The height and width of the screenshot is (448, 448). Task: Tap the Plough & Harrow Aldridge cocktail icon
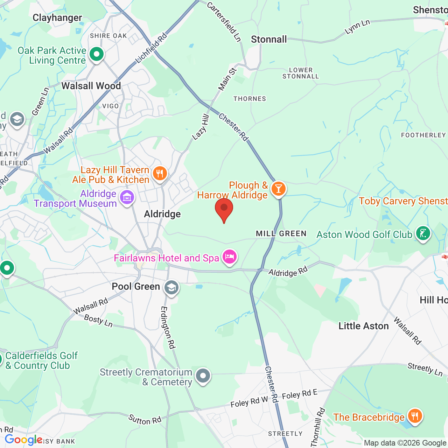[279, 189]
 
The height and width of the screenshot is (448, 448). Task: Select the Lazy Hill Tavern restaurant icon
[160, 173]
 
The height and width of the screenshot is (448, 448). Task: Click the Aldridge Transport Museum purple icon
[127, 197]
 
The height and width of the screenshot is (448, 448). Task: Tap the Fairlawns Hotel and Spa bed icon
[229, 257]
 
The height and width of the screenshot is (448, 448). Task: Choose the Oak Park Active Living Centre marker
[96, 54]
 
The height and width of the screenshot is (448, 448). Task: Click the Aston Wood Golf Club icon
[423, 233]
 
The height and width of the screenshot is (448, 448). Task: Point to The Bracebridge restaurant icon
[415, 416]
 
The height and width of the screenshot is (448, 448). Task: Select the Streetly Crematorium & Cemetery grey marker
[203, 376]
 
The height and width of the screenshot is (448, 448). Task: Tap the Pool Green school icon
[171, 288]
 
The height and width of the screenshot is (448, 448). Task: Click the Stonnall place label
[269, 40]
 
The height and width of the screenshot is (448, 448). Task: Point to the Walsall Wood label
[91, 86]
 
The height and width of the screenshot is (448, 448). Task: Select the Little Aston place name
[364, 326]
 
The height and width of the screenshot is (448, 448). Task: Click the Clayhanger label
[57, 18]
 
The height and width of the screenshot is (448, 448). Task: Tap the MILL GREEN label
[281, 233]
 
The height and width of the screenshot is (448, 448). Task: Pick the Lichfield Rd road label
[152, 48]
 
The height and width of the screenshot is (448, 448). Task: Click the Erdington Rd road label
[168, 327]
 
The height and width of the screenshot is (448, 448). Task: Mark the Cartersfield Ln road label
[224, 22]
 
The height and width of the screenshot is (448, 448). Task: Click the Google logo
[24, 440]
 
